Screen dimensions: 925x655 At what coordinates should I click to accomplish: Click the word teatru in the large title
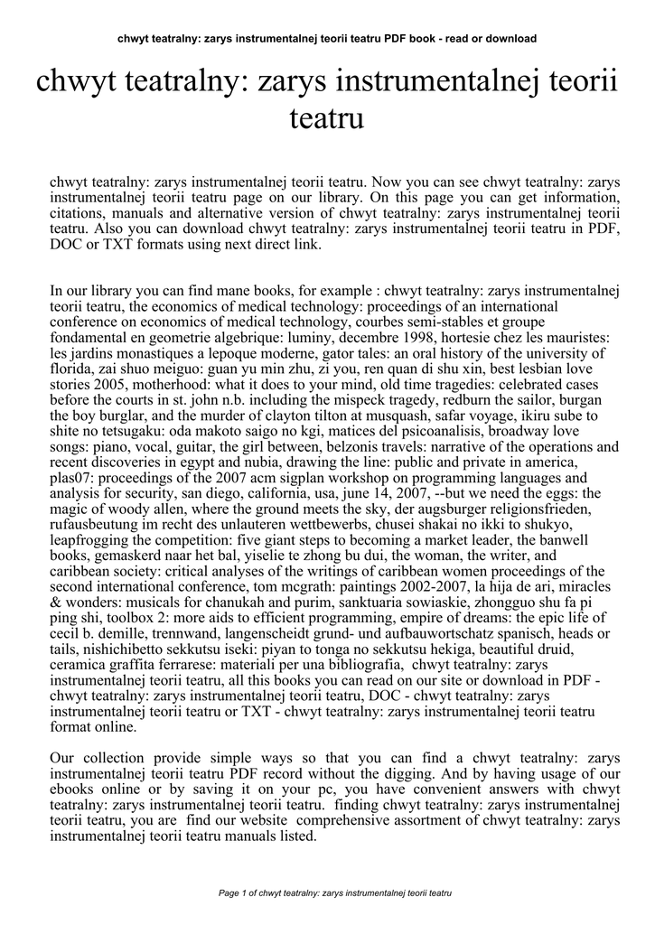coord(326,118)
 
